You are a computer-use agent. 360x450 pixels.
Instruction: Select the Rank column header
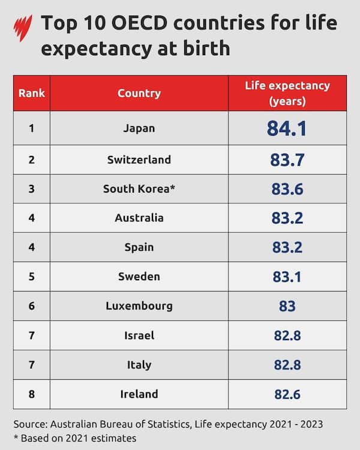tap(31, 93)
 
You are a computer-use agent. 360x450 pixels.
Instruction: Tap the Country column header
tap(139, 93)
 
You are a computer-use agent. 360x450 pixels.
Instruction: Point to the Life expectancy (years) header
tap(287, 93)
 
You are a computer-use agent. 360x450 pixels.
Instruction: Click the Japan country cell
tap(139, 128)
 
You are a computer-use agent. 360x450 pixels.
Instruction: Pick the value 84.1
tap(287, 128)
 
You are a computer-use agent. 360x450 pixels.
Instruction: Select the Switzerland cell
tap(139, 160)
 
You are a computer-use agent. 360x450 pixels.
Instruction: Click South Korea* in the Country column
tap(139, 189)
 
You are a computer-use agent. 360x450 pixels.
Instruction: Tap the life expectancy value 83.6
tap(287, 189)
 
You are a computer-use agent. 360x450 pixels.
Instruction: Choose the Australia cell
tap(139, 218)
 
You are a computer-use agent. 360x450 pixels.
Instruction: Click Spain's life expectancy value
tap(287, 247)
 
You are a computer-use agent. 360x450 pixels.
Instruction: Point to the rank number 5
tap(31, 277)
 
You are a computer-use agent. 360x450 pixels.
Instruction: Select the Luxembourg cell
tap(139, 306)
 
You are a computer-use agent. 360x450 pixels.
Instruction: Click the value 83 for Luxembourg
tap(287, 306)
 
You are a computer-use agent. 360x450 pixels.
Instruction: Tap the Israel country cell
tap(139, 335)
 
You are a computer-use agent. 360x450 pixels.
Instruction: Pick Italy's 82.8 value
tap(287, 365)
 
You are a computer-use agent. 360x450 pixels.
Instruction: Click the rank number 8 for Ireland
tap(31, 394)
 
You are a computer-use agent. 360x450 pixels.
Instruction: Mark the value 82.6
tap(287, 394)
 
